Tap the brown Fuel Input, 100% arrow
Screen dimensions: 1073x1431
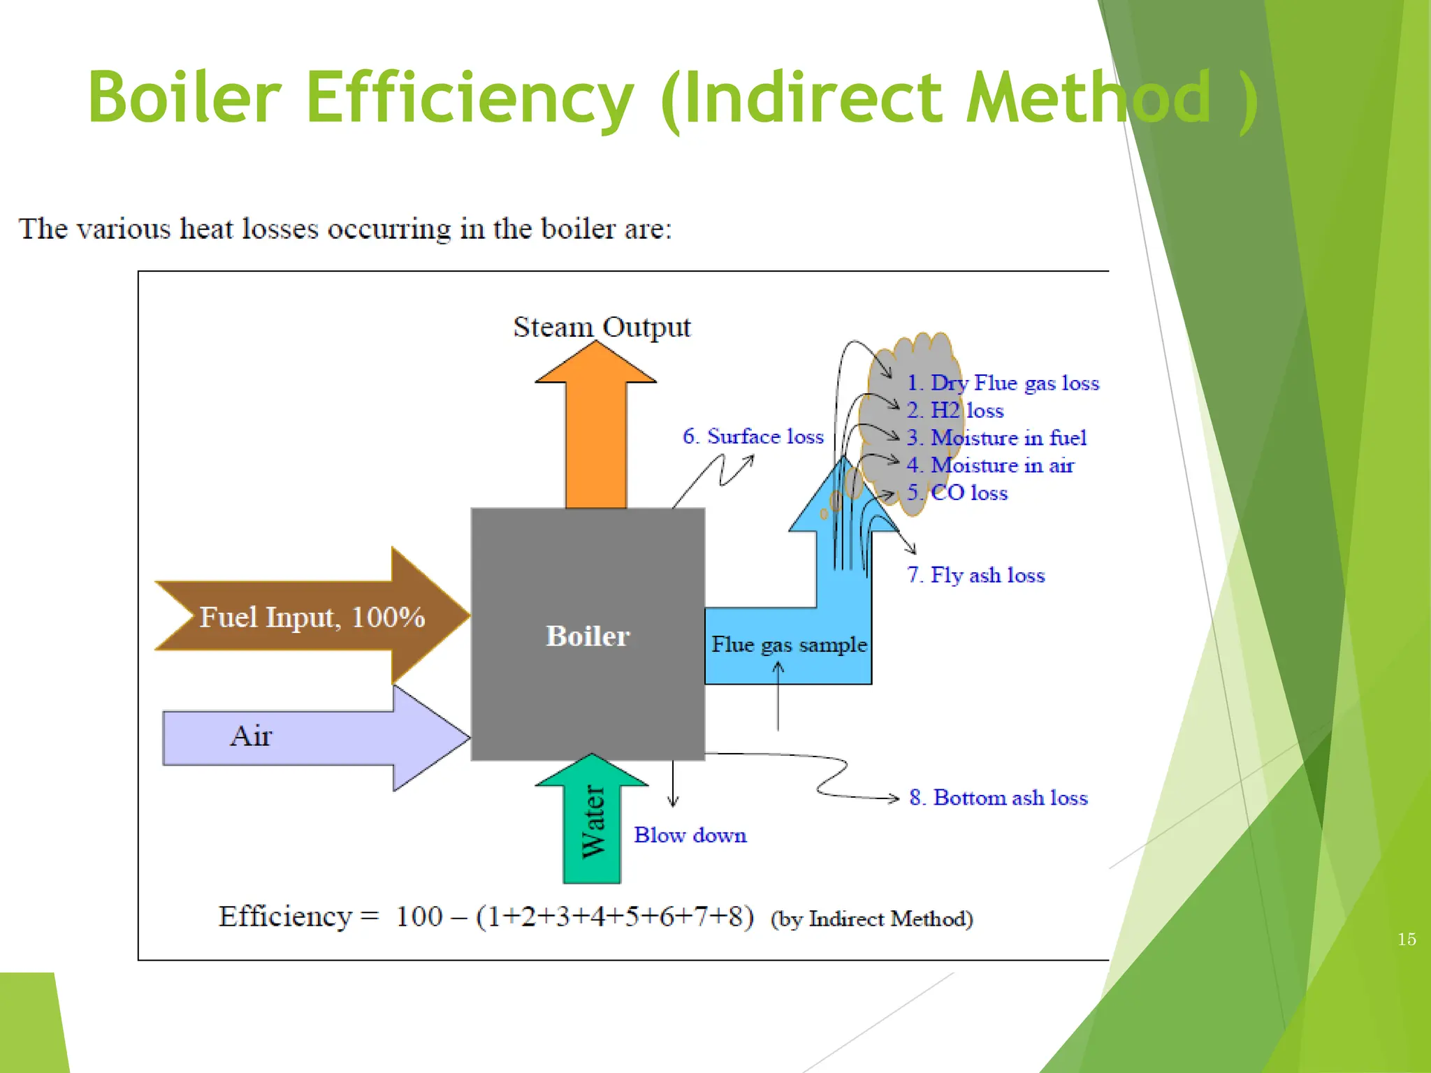pos(312,617)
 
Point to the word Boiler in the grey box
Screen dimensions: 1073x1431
pos(588,636)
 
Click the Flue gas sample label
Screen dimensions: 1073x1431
pos(789,644)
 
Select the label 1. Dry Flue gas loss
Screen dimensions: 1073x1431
pos(1003,383)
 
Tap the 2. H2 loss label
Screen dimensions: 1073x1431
pos(955,411)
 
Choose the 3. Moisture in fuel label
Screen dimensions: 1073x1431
pos(996,438)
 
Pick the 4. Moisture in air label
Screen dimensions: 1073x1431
pos(990,465)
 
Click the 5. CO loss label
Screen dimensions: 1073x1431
pos(957,493)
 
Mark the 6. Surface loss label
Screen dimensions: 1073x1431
pos(753,437)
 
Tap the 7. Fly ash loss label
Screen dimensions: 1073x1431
pos(975,575)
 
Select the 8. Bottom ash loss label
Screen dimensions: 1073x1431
pos(998,798)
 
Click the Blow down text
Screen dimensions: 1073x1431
pos(690,835)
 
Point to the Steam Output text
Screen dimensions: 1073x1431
pos(602,327)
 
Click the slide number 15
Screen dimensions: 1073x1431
pos(1407,940)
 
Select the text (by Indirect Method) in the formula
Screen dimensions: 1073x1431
pos(871,919)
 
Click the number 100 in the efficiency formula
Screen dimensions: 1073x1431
pos(419,917)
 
